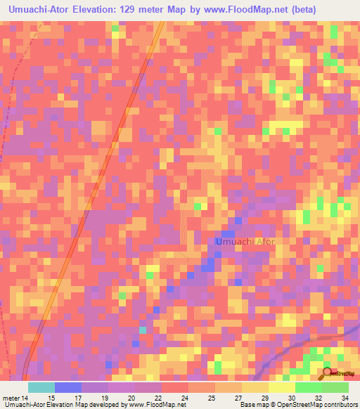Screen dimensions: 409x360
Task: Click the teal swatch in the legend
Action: click(x=41, y=387)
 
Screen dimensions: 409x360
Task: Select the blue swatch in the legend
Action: click(x=68, y=387)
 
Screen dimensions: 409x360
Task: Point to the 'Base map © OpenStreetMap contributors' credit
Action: click(x=296, y=404)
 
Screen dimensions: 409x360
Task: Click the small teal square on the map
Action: click(x=143, y=330)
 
